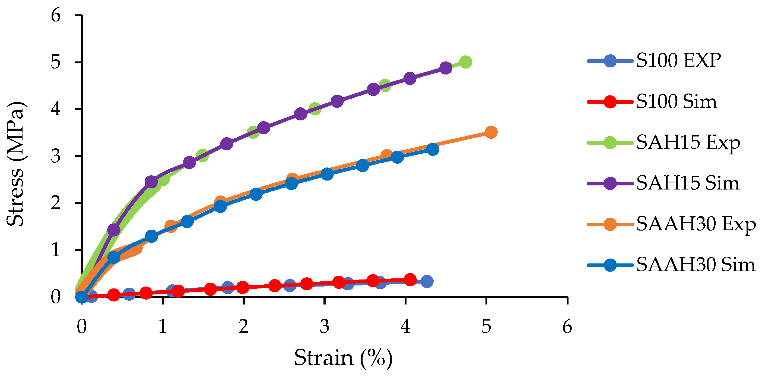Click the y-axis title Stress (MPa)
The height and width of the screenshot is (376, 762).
(15, 164)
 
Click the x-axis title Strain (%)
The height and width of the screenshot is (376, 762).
(343, 358)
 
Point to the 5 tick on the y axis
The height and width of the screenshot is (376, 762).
(56, 62)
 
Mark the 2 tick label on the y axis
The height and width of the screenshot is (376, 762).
(56, 203)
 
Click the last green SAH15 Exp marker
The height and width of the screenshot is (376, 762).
(465, 62)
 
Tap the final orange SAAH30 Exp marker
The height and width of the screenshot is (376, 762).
(491, 132)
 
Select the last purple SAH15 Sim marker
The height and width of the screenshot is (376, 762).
(446, 68)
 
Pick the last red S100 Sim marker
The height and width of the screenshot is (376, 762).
(410, 279)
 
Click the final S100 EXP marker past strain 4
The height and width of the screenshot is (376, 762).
(427, 281)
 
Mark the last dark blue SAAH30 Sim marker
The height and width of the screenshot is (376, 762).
(433, 149)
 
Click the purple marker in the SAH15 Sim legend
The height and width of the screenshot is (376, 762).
(610, 183)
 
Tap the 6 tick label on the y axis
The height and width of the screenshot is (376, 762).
(56, 15)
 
